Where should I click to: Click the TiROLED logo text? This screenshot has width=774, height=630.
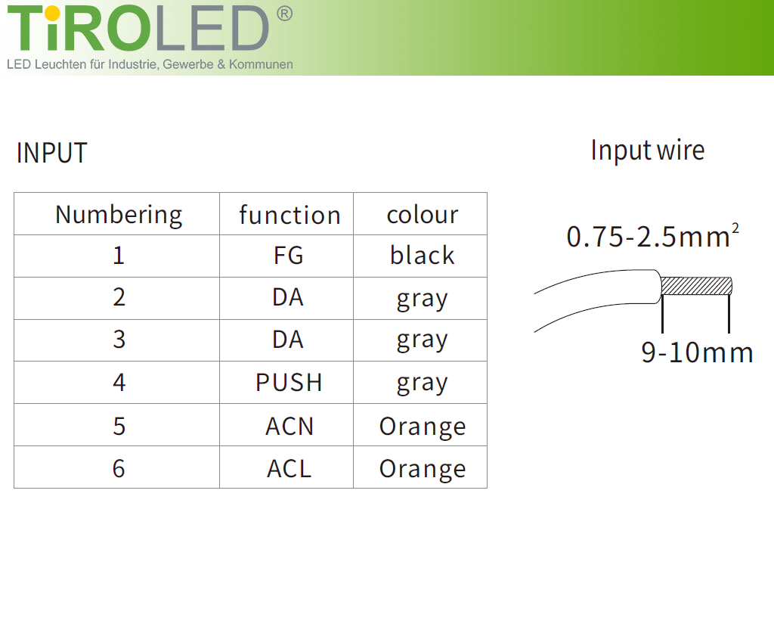tap(138, 28)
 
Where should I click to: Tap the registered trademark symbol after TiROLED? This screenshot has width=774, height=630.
tap(284, 14)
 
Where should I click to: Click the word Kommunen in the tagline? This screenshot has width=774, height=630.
tap(261, 64)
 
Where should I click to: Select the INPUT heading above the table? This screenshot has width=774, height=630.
tap(52, 153)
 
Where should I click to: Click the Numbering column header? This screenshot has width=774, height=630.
tap(119, 216)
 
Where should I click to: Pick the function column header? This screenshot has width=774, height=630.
tap(289, 216)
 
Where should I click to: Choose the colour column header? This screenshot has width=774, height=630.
tap(423, 216)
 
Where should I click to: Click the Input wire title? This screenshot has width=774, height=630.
tap(648, 150)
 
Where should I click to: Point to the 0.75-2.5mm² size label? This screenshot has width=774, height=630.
tap(652, 235)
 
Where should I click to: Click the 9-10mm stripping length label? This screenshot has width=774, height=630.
tap(697, 352)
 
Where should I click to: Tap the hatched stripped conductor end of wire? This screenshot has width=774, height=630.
tap(696, 286)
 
